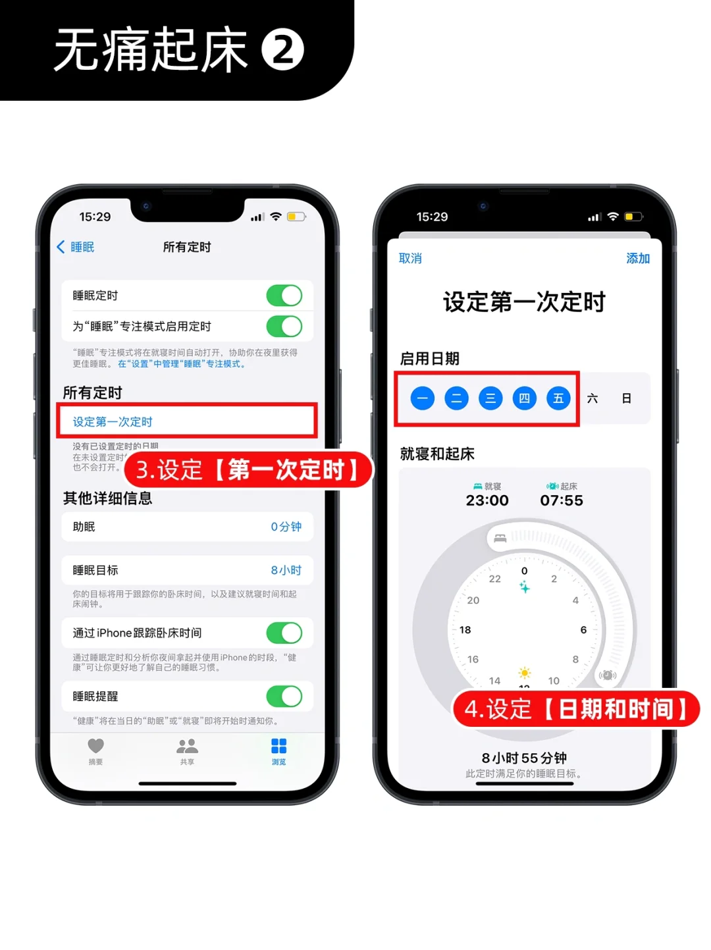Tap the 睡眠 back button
tap(76, 247)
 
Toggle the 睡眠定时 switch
tap(284, 296)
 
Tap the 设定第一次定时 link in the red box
tap(113, 422)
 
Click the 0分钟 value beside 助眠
tap(286, 527)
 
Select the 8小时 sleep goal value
tap(286, 570)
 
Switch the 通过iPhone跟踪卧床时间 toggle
tap(284, 633)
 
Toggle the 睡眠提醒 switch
tap(284, 697)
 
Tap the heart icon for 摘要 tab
tap(96, 746)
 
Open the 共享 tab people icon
tap(187, 746)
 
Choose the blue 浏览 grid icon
tap(278, 746)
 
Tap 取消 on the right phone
tap(410, 259)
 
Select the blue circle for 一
tap(423, 398)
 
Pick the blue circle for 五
tap(558, 398)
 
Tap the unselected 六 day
tap(592, 398)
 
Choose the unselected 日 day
tap(627, 398)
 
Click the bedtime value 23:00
tap(487, 500)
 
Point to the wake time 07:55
tap(562, 500)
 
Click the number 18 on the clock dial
tap(465, 630)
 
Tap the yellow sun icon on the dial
tap(525, 673)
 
